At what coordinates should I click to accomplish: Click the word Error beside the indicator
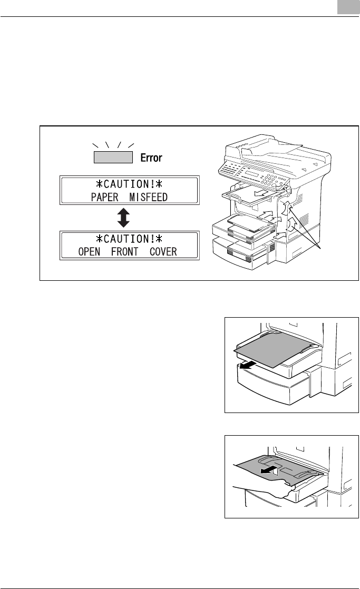[x=150, y=158]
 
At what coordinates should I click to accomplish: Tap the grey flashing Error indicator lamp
[x=113, y=157]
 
